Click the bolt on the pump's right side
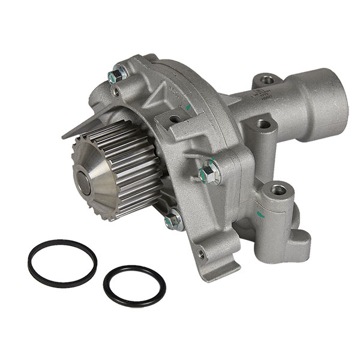pos(209,173)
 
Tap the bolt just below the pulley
pos(173,220)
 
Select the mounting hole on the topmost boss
pos(268,79)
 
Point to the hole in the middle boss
pos(263,124)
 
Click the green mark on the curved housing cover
pos(188,107)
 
